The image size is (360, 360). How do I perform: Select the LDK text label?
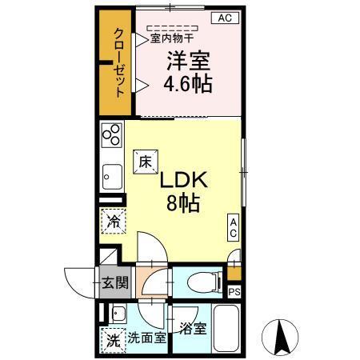pyautogui.click(x=185, y=181)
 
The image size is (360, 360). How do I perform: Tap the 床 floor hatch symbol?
pyautogui.click(x=146, y=160)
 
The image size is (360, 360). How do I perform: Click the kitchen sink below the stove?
pyautogui.click(x=112, y=174)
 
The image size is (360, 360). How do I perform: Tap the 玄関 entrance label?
pyautogui.click(x=113, y=282)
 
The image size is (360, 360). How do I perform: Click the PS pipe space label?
pyautogui.click(x=234, y=293)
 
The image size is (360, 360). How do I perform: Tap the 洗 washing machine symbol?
pyautogui.click(x=113, y=338)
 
